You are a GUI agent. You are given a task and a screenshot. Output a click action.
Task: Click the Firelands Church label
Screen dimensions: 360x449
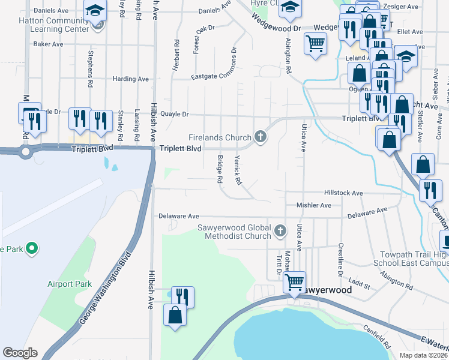pyautogui.click(x=220, y=137)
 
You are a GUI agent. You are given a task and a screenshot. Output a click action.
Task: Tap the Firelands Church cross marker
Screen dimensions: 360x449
pyautogui.click(x=261, y=137)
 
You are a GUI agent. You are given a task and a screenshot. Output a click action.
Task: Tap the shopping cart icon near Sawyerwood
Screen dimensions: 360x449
pyautogui.click(x=295, y=280)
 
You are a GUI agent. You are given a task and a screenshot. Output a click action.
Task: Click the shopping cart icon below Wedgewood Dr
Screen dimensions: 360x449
pyautogui.click(x=315, y=43)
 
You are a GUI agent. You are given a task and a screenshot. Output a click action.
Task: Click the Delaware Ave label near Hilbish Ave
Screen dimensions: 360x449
pyautogui.click(x=178, y=216)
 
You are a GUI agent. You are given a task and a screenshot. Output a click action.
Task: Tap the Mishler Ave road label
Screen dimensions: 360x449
pyautogui.click(x=313, y=205)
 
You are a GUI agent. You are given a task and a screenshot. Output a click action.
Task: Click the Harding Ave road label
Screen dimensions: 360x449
pyautogui.click(x=130, y=79)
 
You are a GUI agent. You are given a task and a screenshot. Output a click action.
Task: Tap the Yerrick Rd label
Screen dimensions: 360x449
pyautogui.click(x=238, y=170)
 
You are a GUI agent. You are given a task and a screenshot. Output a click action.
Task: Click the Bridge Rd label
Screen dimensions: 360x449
pyautogui.click(x=220, y=170)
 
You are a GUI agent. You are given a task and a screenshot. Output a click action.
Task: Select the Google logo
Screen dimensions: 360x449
pyautogui.click(x=20, y=353)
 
